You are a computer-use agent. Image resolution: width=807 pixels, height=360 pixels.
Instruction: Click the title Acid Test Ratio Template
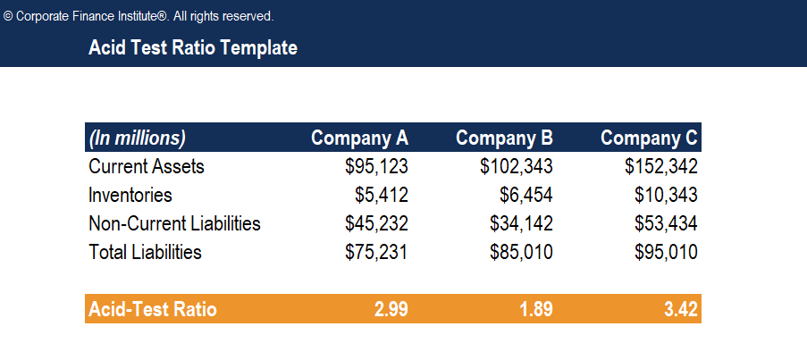click(x=193, y=48)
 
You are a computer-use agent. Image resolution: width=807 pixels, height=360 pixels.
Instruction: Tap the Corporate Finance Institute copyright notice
click(x=139, y=16)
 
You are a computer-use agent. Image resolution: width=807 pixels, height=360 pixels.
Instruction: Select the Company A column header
click(x=359, y=138)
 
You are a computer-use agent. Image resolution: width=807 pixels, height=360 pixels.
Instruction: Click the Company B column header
click(x=504, y=138)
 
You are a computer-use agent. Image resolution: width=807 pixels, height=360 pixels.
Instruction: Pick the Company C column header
click(x=649, y=138)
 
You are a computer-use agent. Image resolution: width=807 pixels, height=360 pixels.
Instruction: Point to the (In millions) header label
click(x=137, y=138)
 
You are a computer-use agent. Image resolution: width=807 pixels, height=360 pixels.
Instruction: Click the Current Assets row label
click(x=147, y=166)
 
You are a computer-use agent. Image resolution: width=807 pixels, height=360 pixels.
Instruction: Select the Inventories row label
click(x=130, y=195)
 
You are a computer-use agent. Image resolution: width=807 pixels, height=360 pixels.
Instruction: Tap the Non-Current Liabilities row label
click(x=174, y=223)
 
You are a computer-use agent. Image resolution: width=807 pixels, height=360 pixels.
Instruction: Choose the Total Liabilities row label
click(x=145, y=252)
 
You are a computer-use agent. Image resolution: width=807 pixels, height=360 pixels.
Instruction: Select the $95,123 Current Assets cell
click(x=376, y=166)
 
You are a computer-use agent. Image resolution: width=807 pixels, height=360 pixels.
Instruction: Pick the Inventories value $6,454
click(x=525, y=195)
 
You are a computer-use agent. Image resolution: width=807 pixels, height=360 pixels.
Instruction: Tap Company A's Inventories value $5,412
click(x=381, y=195)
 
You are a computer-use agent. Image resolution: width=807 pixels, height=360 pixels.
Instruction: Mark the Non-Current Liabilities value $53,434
click(x=666, y=223)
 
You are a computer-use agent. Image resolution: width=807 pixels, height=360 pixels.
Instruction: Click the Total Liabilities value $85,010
click(x=521, y=252)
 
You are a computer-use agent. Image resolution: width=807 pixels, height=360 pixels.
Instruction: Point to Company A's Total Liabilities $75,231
click(x=376, y=252)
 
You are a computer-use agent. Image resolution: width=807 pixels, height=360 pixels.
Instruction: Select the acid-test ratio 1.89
click(x=535, y=309)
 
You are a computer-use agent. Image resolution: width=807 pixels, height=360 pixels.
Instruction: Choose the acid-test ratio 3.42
click(x=680, y=309)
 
